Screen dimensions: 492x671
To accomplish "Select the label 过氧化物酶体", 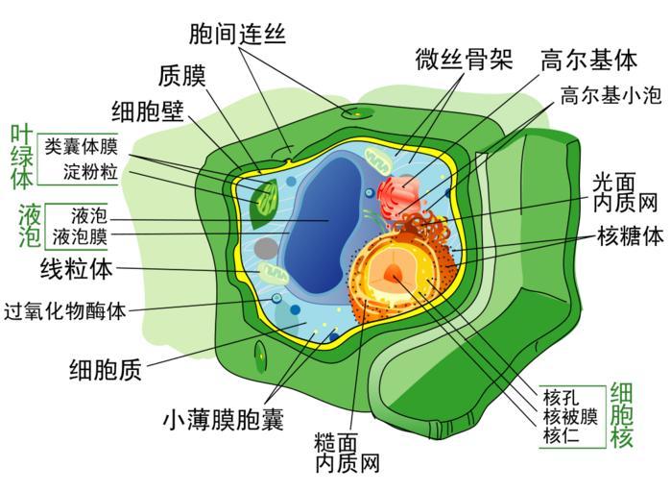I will tap(65, 311).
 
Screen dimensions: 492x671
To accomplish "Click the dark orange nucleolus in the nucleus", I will tap(394, 276).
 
